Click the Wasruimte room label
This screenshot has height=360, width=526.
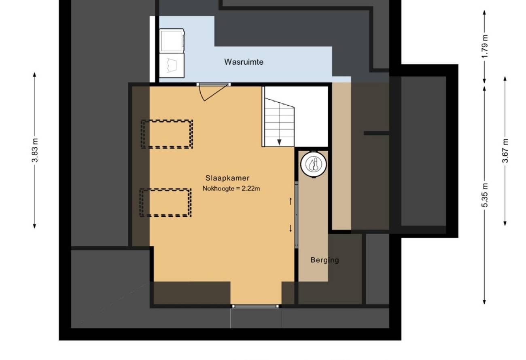click(244, 62)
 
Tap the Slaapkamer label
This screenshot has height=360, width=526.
click(227, 178)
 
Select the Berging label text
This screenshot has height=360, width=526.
click(325, 260)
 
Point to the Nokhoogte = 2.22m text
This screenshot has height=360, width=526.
click(231, 188)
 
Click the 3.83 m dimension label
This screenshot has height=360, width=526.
click(35, 150)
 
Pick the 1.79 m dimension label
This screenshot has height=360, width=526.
click(485, 46)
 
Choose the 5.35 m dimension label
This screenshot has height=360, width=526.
click(485, 195)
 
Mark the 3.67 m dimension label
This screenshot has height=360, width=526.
click(505, 150)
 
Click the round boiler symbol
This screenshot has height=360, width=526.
click(314, 164)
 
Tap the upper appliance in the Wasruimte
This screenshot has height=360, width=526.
click(172, 41)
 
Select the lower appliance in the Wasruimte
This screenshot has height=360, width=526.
click(172, 66)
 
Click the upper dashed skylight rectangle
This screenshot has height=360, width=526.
click(167, 134)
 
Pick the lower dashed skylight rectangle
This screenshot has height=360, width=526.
click(165, 203)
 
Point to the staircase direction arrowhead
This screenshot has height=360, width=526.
click(279, 142)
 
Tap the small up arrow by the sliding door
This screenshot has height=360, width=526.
click(291, 201)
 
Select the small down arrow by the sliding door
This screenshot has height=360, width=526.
click(291, 229)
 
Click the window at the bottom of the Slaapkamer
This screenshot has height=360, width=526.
click(255, 306)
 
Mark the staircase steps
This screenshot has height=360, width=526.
click(280, 123)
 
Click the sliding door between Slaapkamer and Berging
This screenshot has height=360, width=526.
click(296, 215)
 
